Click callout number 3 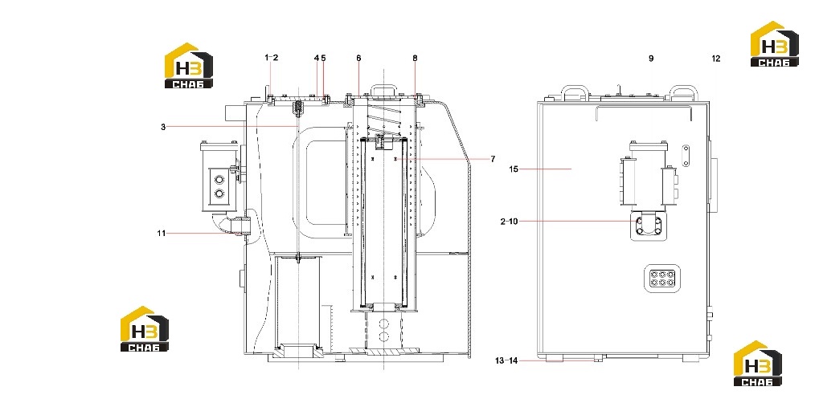tap(163, 127)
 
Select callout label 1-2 tap(272, 58)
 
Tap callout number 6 tap(358, 58)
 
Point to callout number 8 tap(415, 58)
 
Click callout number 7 tap(493, 160)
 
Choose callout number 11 tap(161, 234)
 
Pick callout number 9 tap(651, 59)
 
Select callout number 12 tap(716, 59)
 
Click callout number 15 tap(514, 169)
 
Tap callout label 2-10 tap(510, 222)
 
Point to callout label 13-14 tap(507, 360)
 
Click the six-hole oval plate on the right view tap(662, 279)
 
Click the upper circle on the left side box tap(219, 180)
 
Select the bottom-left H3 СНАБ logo tap(145, 329)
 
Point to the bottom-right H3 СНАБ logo tap(757, 364)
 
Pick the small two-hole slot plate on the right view tap(686, 155)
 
